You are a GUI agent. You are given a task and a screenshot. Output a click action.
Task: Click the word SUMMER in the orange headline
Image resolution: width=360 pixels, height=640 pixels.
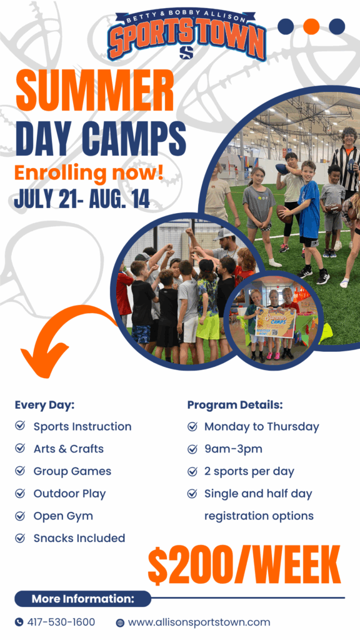[95, 89]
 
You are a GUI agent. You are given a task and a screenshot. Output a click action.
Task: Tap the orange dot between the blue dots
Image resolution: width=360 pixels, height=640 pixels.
[311, 26]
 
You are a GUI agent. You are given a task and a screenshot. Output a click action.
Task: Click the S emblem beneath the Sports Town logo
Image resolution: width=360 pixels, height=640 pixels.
[186, 52]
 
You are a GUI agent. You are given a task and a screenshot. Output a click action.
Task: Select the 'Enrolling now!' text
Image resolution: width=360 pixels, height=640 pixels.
[89, 172]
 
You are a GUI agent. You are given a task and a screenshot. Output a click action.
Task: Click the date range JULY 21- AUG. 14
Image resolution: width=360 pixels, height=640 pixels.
[82, 200]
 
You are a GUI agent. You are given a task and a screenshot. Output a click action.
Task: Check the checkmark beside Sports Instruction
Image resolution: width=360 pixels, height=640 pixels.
[19, 426]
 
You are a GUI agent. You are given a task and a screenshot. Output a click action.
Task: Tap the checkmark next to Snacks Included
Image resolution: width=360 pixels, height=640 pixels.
[19, 538]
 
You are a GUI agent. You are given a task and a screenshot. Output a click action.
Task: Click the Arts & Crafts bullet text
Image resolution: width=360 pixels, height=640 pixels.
[69, 449]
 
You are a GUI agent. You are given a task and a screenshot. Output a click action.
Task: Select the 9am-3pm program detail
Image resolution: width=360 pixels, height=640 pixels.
[233, 449]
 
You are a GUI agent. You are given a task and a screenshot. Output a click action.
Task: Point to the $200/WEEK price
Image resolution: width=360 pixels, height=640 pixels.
[244, 565]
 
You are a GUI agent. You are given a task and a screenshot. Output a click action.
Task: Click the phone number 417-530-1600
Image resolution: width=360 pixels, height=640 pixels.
[61, 622]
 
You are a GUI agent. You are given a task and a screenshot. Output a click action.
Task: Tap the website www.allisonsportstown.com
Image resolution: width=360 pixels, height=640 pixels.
[199, 622]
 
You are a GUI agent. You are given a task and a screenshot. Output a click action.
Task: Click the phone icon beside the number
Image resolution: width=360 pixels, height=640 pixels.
[19, 622]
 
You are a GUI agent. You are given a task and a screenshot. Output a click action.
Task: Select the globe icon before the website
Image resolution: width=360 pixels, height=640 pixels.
[120, 623]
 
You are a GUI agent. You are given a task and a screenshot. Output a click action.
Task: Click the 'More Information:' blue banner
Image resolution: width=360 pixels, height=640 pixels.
[83, 599]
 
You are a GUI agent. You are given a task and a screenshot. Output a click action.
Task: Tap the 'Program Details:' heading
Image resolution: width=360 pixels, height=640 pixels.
[235, 405]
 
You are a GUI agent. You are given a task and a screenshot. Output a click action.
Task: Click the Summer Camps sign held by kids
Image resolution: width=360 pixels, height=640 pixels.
[275, 322]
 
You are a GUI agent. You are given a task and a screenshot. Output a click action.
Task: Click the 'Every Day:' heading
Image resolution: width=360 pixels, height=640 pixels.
[44, 406]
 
